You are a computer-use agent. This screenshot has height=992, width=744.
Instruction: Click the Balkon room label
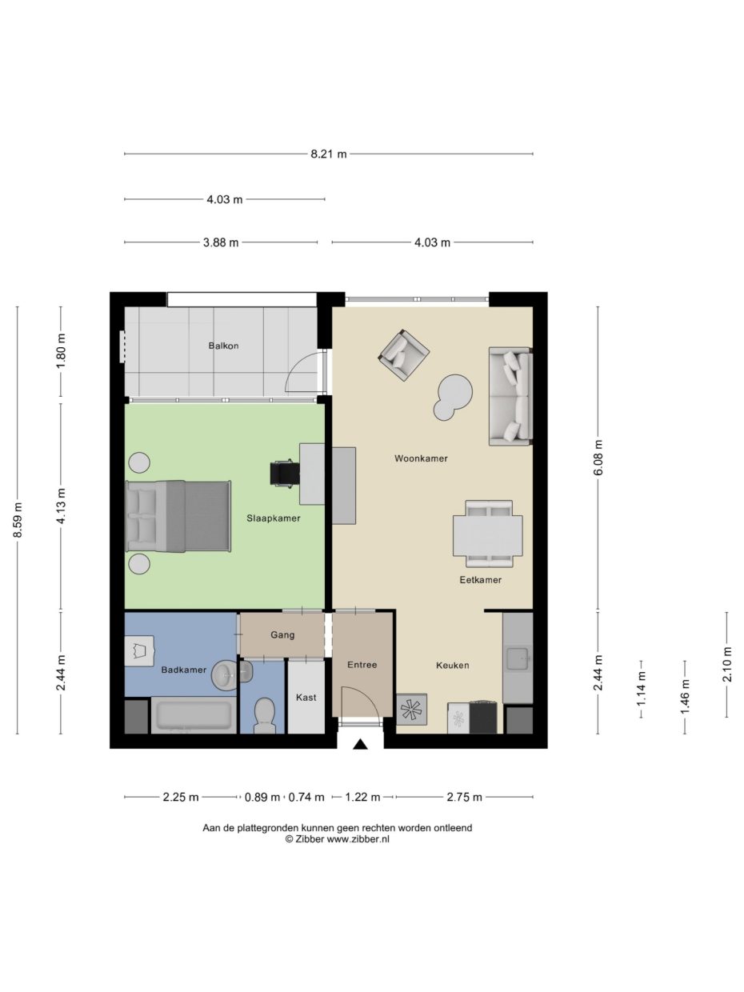click(x=223, y=346)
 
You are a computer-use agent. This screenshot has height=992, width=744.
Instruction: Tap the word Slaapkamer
click(x=274, y=518)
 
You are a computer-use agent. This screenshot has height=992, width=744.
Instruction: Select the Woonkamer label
click(x=421, y=458)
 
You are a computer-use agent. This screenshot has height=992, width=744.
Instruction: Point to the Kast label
click(x=306, y=698)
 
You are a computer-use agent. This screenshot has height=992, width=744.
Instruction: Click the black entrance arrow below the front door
click(x=360, y=744)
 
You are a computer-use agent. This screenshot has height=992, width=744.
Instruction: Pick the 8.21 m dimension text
click(x=329, y=154)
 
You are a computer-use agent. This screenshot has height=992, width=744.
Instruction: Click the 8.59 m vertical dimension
click(x=18, y=520)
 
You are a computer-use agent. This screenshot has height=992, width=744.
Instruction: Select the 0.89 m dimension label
click(x=262, y=798)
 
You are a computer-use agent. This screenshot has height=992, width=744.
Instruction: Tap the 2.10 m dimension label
click(x=727, y=664)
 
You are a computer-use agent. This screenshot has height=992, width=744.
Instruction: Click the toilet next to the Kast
click(x=264, y=716)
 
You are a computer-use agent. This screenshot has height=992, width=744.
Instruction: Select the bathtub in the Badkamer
click(x=194, y=715)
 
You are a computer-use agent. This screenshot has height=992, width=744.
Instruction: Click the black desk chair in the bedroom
click(x=284, y=473)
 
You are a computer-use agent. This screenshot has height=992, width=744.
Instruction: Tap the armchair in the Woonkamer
click(x=403, y=354)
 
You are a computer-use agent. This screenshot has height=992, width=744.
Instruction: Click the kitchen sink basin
click(x=518, y=659)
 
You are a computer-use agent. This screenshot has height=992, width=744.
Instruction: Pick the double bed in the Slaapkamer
click(x=178, y=517)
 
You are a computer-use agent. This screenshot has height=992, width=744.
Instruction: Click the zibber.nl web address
click(x=358, y=839)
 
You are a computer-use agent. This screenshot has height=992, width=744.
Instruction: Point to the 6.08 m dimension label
click(x=598, y=458)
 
